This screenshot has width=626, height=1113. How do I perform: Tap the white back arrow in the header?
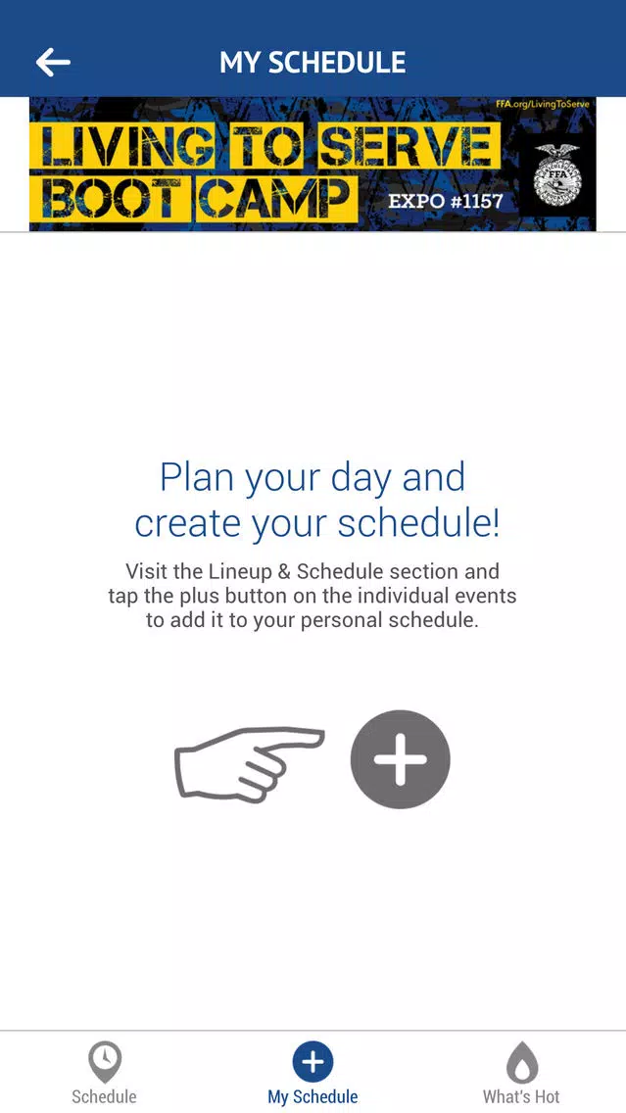pyautogui.click(x=53, y=63)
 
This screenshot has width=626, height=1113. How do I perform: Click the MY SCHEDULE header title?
pyautogui.click(x=313, y=63)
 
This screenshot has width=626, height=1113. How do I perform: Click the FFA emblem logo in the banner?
pyautogui.click(x=556, y=175)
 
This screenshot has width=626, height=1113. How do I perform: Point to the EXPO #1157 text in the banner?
pyautogui.click(x=445, y=201)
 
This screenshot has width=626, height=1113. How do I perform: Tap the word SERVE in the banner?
pyautogui.click(x=405, y=146)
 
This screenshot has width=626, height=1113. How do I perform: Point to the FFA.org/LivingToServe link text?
pyautogui.click(x=543, y=104)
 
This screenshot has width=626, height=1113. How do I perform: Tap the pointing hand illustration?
pyautogui.click(x=249, y=764)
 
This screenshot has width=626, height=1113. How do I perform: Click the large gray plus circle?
pyautogui.click(x=401, y=758)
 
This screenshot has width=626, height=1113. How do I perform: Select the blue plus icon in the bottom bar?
pyautogui.click(x=313, y=1062)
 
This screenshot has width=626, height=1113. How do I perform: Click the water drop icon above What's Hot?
pyautogui.click(x=521, y=1062)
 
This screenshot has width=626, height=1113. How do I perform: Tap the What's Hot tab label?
pyautogui.click(x=521, y=1096)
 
